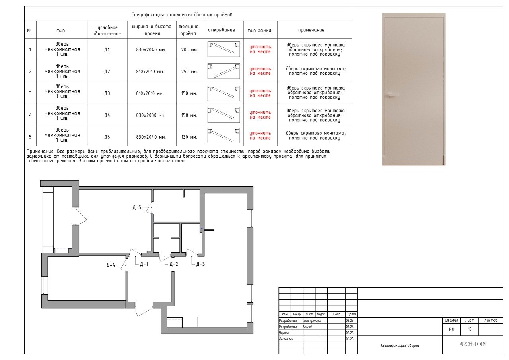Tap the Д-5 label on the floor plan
(137, 208)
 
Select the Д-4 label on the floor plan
(111, 265)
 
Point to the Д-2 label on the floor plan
(174, 264)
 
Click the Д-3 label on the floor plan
(200, 264)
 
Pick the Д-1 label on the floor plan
(144, 264)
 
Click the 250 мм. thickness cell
(190, 72)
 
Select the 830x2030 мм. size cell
(151, 115)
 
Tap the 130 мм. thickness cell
(189, 137)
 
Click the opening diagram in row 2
(223, 71)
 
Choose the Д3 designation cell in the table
(107, 93)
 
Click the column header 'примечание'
(311, 30)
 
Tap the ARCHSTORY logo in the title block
(473, 344)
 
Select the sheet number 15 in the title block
(470, 329)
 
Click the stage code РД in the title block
(451, 329)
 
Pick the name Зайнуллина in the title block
(312, 321)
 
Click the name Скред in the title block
(307, 327)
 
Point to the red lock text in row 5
(260, 136)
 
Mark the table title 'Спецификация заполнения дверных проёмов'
(182, 15)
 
